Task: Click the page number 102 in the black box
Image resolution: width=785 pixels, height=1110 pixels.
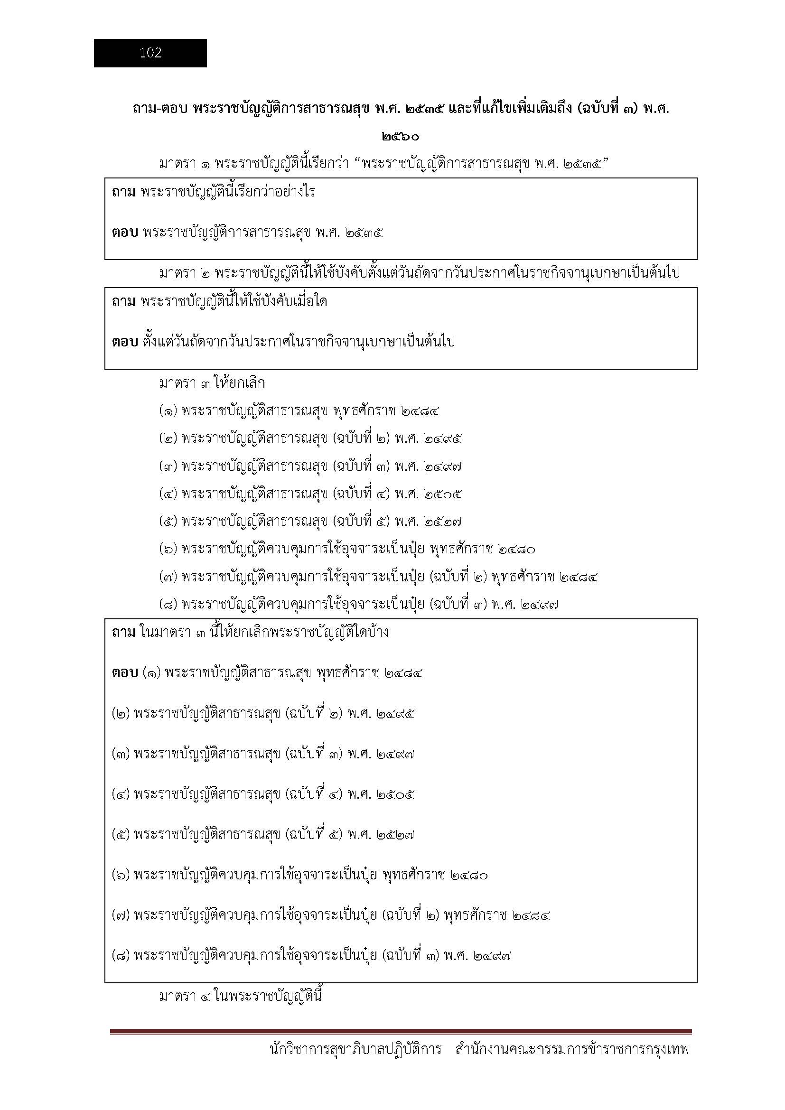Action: [x=150, y=53]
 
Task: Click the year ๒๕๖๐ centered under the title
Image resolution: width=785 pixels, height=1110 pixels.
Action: [x=400, y=137]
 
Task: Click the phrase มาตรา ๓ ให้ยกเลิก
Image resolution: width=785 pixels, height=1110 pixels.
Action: [x=212, y=383]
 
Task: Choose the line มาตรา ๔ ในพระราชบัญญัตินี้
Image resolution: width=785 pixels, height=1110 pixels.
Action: [x=240, y=997]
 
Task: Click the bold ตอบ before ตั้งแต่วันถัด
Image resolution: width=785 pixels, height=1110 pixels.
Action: [x=125, y=342]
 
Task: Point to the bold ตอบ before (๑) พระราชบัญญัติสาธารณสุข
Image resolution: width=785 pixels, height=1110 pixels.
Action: [x=125, y=672]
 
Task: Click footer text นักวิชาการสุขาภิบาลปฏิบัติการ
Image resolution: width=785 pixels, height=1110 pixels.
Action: [x=355, y=1062]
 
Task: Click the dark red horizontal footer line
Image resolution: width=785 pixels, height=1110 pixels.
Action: [x=401, y=1032]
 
